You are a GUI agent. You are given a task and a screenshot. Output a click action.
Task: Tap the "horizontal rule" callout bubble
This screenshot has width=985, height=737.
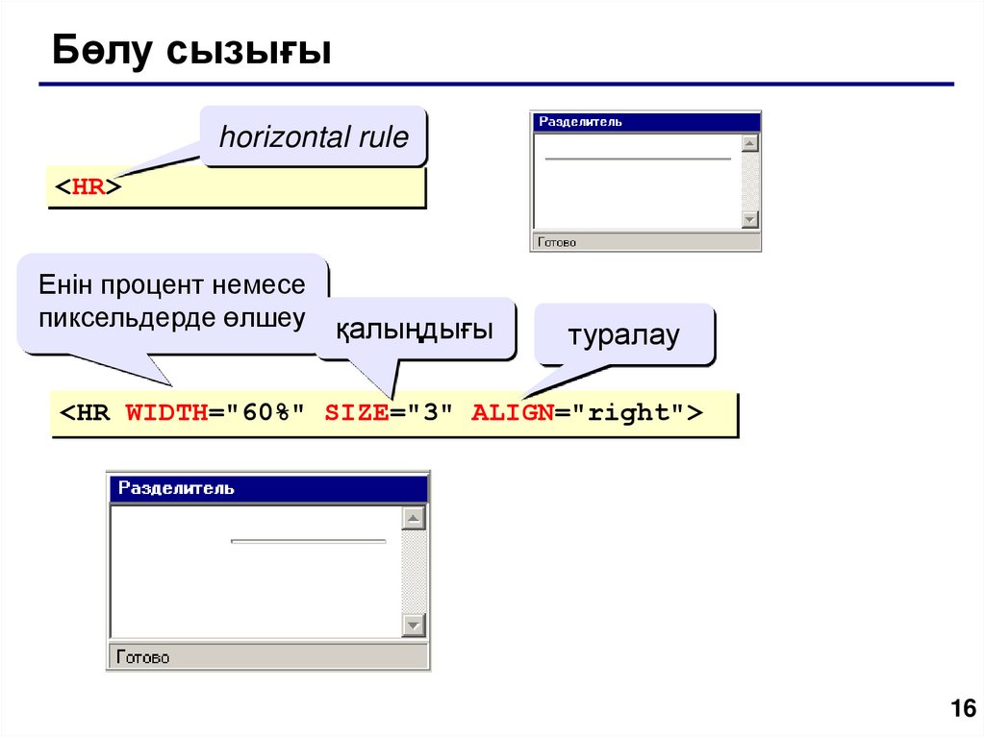(314, 137)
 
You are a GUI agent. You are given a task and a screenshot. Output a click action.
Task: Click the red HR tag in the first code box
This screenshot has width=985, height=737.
(88, 187)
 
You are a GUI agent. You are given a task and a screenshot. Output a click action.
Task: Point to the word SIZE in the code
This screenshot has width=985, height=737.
(355, 413)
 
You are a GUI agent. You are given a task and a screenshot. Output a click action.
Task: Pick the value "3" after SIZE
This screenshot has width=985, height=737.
(429, 413)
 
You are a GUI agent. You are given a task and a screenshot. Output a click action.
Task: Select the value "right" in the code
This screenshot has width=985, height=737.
(629, 413)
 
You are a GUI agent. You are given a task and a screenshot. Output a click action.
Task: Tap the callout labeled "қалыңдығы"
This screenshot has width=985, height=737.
(415, 332)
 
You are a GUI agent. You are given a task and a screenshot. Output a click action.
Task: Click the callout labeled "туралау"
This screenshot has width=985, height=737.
(623, 335)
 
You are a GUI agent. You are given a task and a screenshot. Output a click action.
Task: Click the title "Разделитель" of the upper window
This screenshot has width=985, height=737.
(580, 122)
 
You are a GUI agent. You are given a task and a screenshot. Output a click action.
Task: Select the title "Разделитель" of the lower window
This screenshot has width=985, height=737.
(176, 488)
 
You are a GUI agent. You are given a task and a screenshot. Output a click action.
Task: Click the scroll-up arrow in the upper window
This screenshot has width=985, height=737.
(750, 143)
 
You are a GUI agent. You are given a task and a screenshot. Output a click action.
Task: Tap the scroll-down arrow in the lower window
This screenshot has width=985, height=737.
(414, 626)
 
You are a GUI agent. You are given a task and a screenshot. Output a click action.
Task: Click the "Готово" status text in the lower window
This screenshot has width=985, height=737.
(143, 658)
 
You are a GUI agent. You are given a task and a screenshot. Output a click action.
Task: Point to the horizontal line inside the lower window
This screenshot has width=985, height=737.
(308, 541)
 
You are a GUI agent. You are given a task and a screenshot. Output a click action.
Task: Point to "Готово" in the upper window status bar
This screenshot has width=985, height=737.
(558, 242)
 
